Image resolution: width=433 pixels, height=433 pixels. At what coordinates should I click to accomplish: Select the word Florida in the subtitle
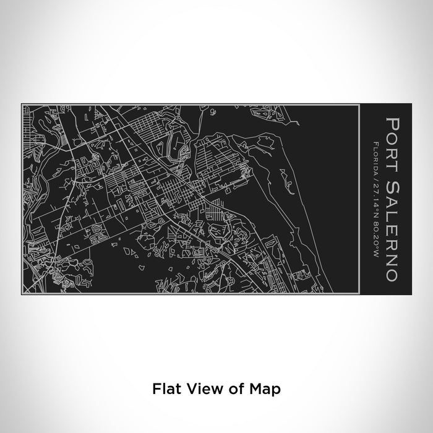pyautogui.click(x=376, y=154)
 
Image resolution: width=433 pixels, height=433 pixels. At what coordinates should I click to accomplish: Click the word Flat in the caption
pyautogui.click(x=163, y=390)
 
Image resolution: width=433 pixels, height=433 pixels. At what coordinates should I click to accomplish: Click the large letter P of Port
pyautogui.click(x=391, y=121)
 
